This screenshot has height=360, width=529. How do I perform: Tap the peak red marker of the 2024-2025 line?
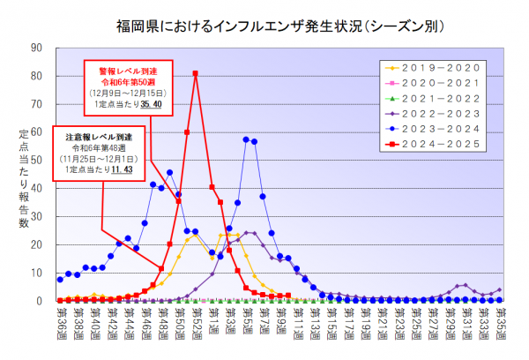(x=195, y=73)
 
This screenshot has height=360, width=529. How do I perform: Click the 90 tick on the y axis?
(x=38, y=48)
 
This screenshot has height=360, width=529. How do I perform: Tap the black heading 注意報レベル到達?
(x=97, y=136)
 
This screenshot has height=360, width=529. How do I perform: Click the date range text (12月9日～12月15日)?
(x=123, y=93)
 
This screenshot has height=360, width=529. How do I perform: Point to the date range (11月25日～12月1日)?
(x=97, y=158)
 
